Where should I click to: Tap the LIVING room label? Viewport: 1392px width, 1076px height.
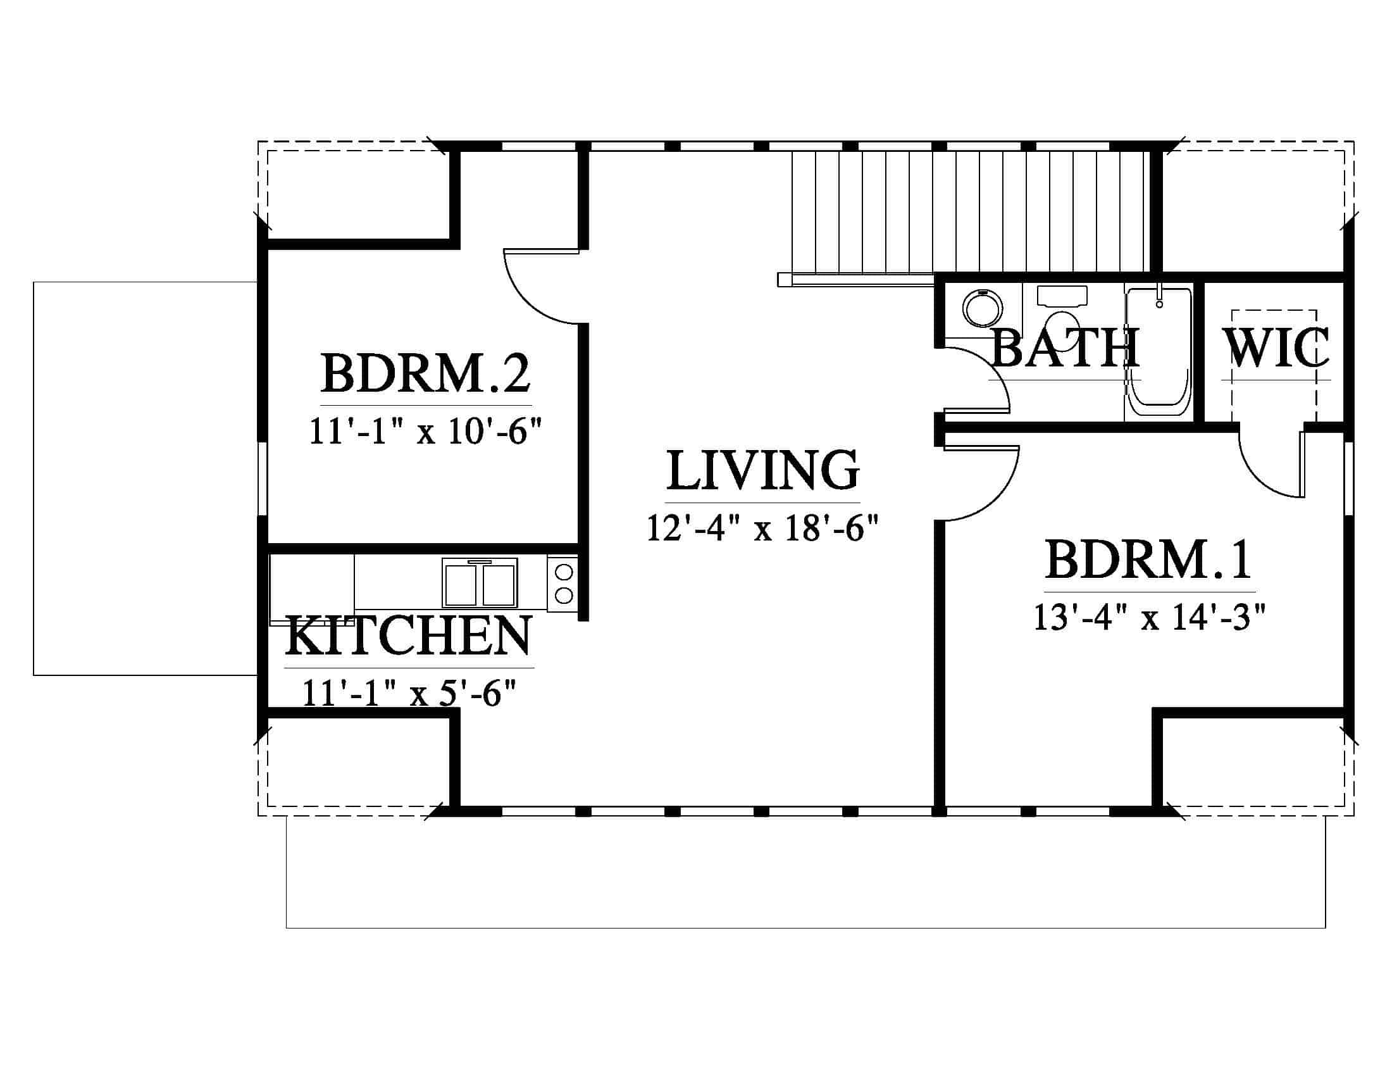click(x=763, y=470)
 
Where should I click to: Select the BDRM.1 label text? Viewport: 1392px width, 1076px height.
click(x=1149, y=560)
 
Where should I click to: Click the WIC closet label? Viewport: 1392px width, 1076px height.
click(x=1276, y=347)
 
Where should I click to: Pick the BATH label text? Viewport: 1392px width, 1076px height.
click(x=1065, y=347)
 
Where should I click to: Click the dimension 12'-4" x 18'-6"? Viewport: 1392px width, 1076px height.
click(x=763, y=529)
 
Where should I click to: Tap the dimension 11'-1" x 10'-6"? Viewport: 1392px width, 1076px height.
click(x=426, y=430)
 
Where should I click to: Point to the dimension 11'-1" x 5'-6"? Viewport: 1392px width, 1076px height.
click(x=409, y=693)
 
